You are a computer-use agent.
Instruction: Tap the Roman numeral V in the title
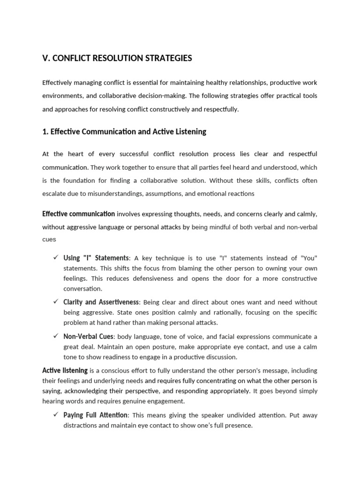pos(45,59)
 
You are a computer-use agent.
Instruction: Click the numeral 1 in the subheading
pos(44,132)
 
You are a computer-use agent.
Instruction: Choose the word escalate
pos(54,194)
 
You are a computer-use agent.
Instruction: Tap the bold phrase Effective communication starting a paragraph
pos(78,214)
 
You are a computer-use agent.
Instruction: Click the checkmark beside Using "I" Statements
pos(55,258)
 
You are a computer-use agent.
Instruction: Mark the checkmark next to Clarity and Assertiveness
pos(55,302)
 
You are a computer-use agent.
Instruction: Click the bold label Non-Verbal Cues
pos(88,337)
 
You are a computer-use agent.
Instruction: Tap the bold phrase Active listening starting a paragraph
pos(65,370)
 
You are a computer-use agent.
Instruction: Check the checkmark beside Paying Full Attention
pos(55,415)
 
